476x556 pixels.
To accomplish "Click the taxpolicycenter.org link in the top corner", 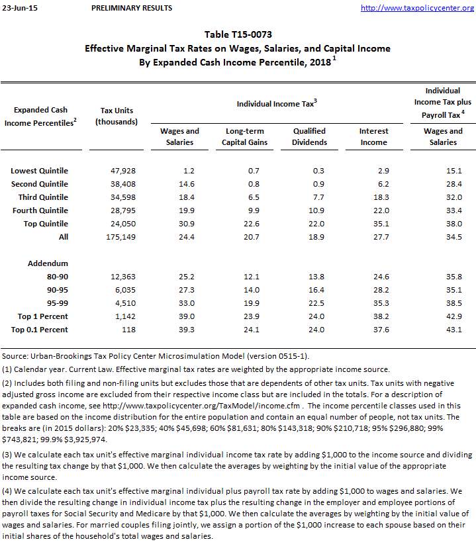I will click(x=418, y=8).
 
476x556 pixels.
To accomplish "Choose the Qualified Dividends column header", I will click(x=310, y=136).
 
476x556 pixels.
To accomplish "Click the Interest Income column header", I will click(x=373, y=136).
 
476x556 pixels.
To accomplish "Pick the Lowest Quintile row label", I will click(x=39, y=171).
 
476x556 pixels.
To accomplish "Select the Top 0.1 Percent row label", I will click(x=39, y=330).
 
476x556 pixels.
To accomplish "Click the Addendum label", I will click(x=48, y=263).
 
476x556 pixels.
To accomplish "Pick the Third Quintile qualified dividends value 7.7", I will click(x=317, y=197).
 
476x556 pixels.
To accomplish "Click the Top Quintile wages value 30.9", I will click(x=188, y=224).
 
